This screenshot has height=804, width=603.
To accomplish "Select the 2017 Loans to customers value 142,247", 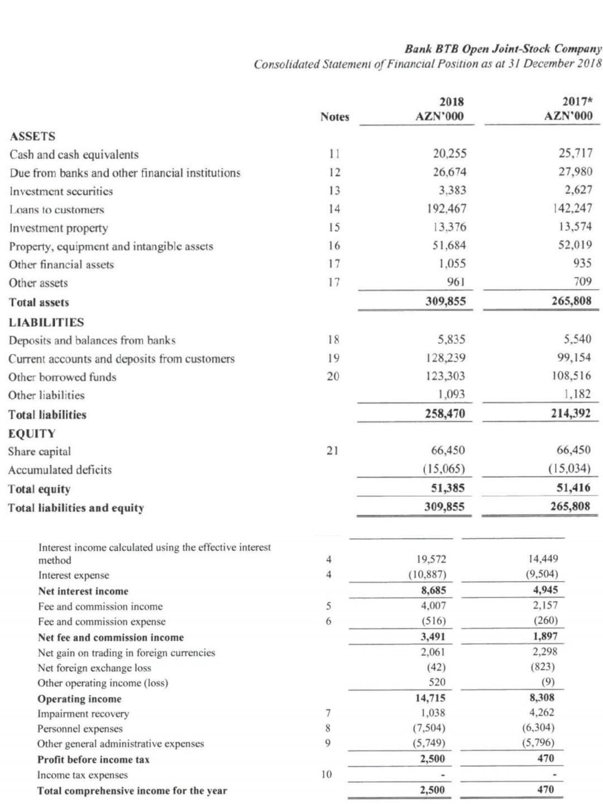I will [567, 209].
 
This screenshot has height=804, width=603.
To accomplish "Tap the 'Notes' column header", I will [334, 117].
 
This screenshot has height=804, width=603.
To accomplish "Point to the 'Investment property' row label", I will [59, 228].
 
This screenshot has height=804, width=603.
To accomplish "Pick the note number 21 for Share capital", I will [332, 451].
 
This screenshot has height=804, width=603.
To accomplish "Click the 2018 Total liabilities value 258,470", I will [444, 414].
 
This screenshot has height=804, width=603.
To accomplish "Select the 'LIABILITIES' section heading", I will [46, 322].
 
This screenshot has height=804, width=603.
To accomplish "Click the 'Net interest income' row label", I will [83, 591].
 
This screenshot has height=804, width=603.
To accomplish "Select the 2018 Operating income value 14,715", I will [431, 698].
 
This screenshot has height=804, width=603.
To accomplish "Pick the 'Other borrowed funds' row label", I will [63, 377].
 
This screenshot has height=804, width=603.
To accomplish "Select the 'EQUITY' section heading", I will [32, 433].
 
